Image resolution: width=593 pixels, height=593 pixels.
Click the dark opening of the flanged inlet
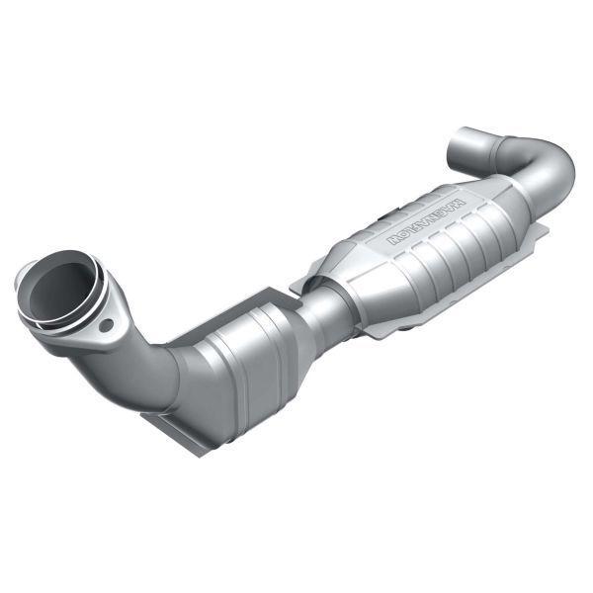57,288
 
